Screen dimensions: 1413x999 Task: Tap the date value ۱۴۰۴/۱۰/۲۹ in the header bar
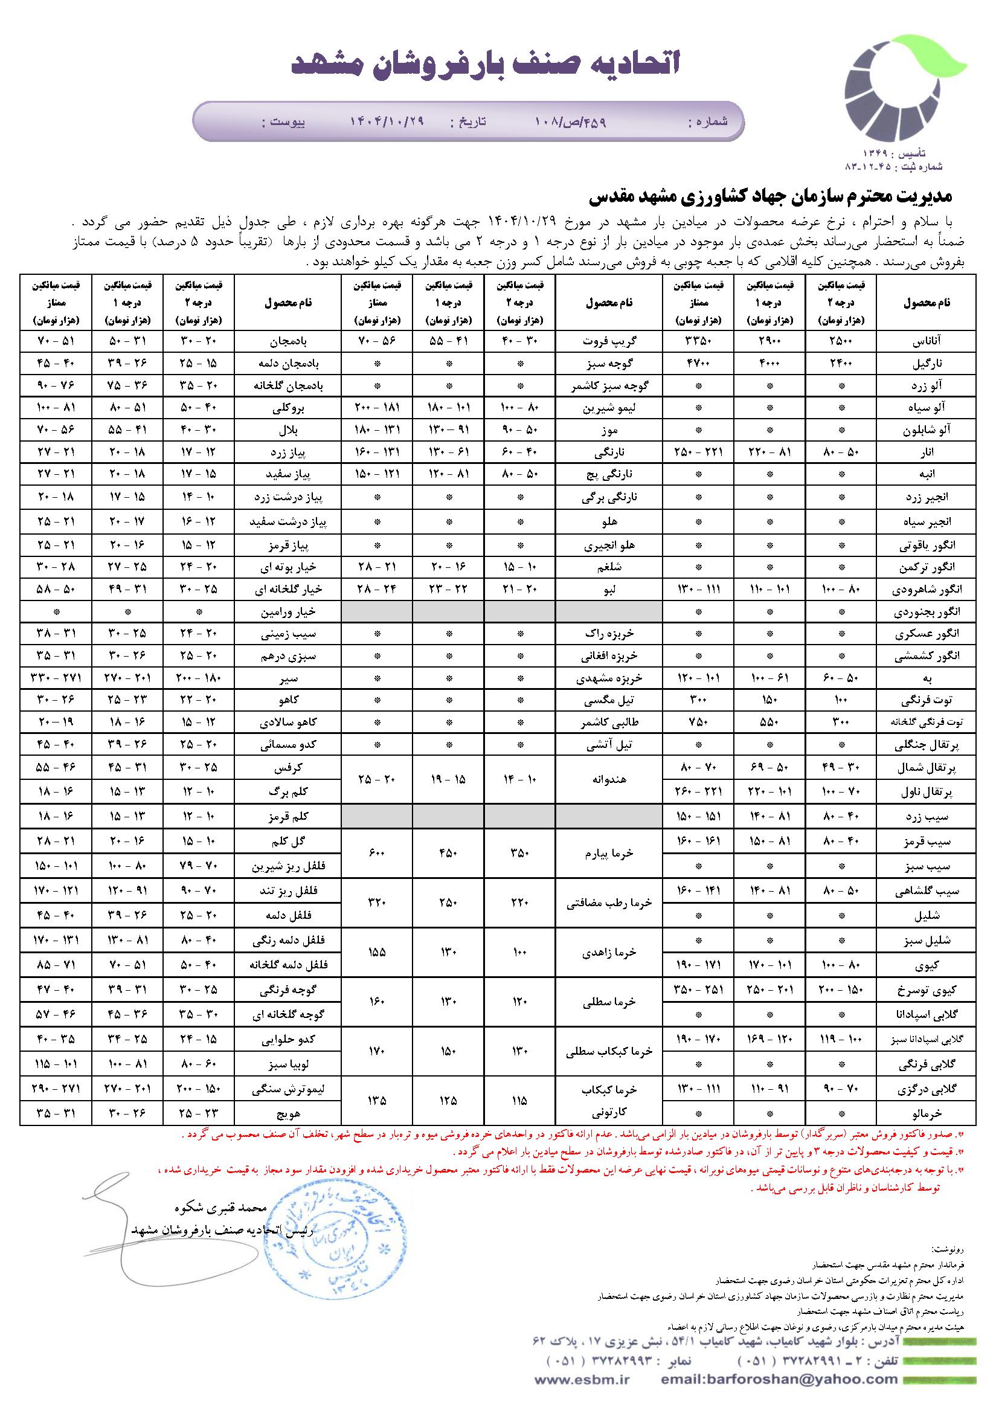click(x=388, y=121)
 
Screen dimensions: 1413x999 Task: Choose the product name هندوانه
click(x=609, y=779)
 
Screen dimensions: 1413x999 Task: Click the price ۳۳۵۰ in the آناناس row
click(x=699, y=340)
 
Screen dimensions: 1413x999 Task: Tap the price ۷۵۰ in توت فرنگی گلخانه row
click(x=699, y=723)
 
